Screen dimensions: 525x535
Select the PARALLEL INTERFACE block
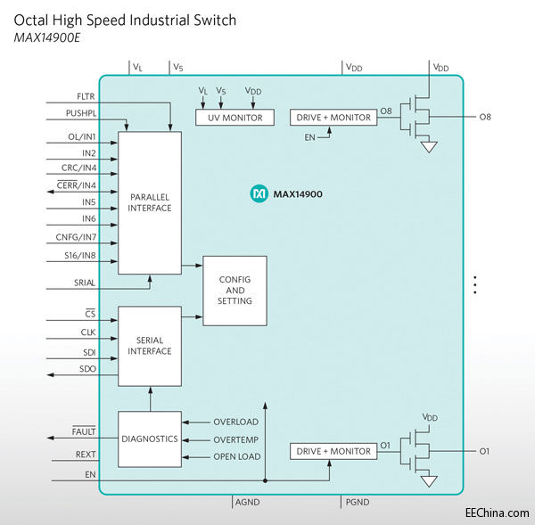click(x=149, y=202)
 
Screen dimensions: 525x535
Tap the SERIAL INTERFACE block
click(x=149, y=346)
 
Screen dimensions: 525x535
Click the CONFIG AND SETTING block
click(x=235, y=290)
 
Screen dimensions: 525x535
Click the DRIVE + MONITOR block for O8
click(x=333, y=118)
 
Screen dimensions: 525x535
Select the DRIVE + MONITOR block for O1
click(x=333, y=452)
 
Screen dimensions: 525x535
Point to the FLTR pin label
click(x=86, y=96)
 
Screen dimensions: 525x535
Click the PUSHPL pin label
click(x=80, y=113)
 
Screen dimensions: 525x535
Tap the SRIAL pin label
click(x=84, y=283)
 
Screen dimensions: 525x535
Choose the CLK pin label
click(x=87, y=332)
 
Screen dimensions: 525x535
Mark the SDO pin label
click(x=86, y=368)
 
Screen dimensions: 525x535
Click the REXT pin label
click(x=86, y=455)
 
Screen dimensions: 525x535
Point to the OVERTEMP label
click(x=236, y=439)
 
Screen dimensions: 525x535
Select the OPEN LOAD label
click(x=236, y=457)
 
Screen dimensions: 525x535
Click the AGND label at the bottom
click(x=246, y=503)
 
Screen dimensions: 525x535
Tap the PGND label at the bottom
click(x=357, y=503)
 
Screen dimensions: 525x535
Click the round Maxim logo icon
click(x=259, y=193)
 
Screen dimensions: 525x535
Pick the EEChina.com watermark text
click(x=497, y=513)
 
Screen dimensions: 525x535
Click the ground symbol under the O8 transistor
click(x=430, y=147)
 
